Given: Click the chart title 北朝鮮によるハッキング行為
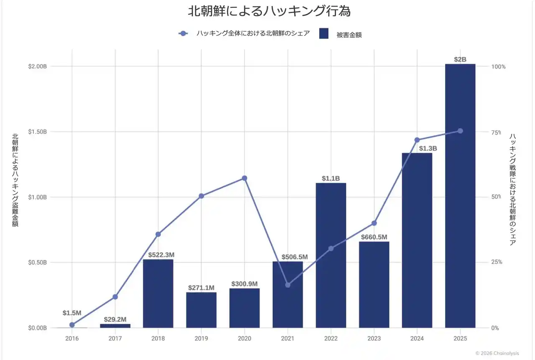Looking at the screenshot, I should pos(269,11).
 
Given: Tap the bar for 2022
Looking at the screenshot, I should pos(331,255).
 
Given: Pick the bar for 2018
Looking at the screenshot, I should pos(158,293).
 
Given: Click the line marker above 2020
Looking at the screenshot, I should pos(245,178).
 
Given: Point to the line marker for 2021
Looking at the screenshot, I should pos(288,285).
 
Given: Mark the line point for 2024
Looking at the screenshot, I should pos(417,140).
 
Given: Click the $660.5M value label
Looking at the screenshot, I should pos(374,237).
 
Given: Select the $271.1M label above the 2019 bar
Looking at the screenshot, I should pos(201,288).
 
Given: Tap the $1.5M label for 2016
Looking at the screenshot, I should pos(72,313).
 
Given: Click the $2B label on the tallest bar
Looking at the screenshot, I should pos(460,59).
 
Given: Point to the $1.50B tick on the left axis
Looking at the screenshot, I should pos(37,132).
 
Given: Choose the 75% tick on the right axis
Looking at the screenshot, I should pos(496,132).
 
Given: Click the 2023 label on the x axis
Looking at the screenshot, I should pos(374,338).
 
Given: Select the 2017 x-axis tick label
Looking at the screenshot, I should pos(115,338).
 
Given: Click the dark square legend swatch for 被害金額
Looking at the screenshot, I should pos(324,34).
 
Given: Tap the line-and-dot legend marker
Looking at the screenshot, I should pos(183,34).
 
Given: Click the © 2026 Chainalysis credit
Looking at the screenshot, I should pos(497,353).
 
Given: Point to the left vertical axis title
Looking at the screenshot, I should pos(15,180).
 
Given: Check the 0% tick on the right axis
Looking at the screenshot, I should pos(495,328).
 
